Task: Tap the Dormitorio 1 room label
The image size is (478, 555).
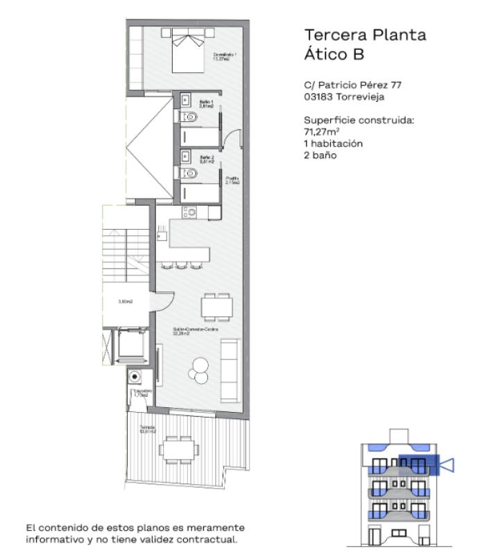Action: (x=225, y=56)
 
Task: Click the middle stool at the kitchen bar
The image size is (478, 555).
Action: (x=182, y=264)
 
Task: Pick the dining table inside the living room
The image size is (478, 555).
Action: (x=216, y=305)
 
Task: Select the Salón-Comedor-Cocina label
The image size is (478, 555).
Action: (x=196, y=331)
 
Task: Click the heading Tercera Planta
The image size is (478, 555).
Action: (x=365, y=35)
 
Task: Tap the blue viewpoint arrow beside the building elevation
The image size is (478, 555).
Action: (x=446, y=464)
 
